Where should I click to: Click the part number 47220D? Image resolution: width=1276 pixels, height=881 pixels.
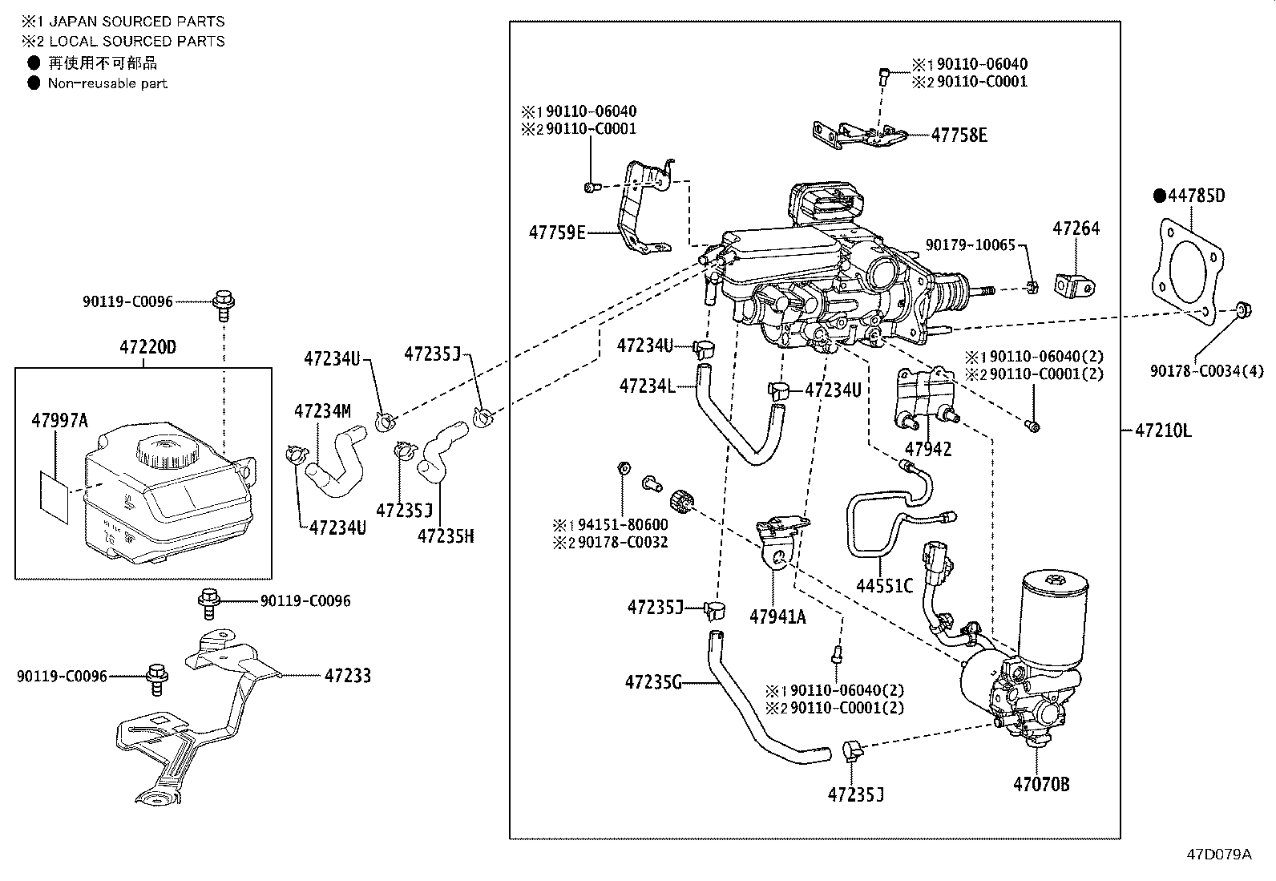147,346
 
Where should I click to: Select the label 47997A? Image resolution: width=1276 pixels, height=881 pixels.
60,421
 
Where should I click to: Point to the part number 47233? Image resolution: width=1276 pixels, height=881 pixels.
348,676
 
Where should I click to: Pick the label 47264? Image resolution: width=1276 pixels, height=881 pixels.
1076,228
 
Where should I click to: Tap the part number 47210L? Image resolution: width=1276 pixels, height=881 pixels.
1163,430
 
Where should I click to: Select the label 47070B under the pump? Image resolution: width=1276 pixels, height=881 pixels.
1041,785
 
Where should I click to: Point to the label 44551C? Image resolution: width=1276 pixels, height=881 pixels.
884,586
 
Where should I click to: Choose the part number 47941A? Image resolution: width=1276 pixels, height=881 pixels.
777,616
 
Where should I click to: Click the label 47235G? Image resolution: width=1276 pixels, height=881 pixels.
653,682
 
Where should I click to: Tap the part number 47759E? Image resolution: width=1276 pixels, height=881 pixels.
557,232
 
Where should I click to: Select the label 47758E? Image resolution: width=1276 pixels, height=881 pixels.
959,135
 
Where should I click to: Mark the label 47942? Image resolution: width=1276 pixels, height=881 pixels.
928,450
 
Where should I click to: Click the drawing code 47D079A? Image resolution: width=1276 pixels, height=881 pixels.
1219,855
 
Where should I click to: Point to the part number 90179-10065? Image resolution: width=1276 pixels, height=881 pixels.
970,245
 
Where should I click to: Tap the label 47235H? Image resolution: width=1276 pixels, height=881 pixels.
446,536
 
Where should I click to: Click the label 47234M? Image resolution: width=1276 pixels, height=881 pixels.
322,411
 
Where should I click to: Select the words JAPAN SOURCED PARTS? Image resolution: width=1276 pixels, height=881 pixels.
137,22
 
